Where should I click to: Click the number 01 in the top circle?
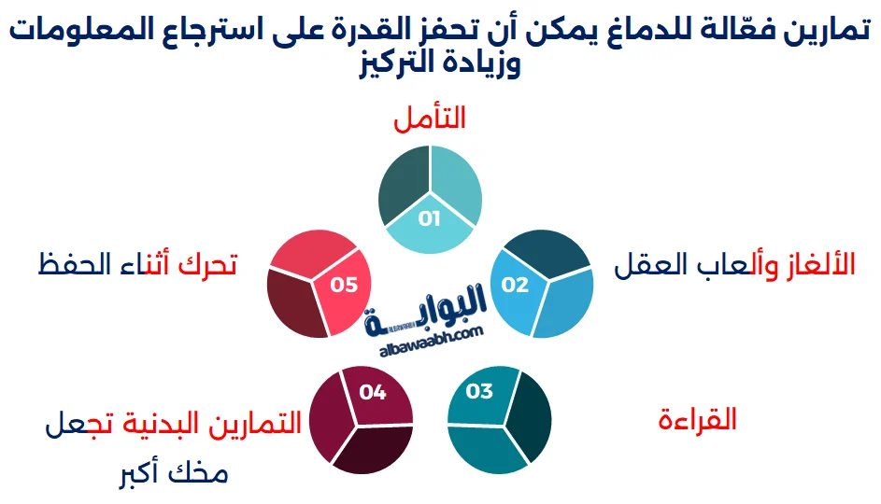(x=429, y=219)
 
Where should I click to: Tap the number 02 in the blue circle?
(x=515, y=285)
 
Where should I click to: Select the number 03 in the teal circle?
(x=478, y=391)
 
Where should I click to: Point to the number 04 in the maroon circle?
(x=372, y=391)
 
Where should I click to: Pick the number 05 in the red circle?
(x=344, y=285)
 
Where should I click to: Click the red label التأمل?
(x=430, y=119)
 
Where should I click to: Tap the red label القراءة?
(x=697, y=420)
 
